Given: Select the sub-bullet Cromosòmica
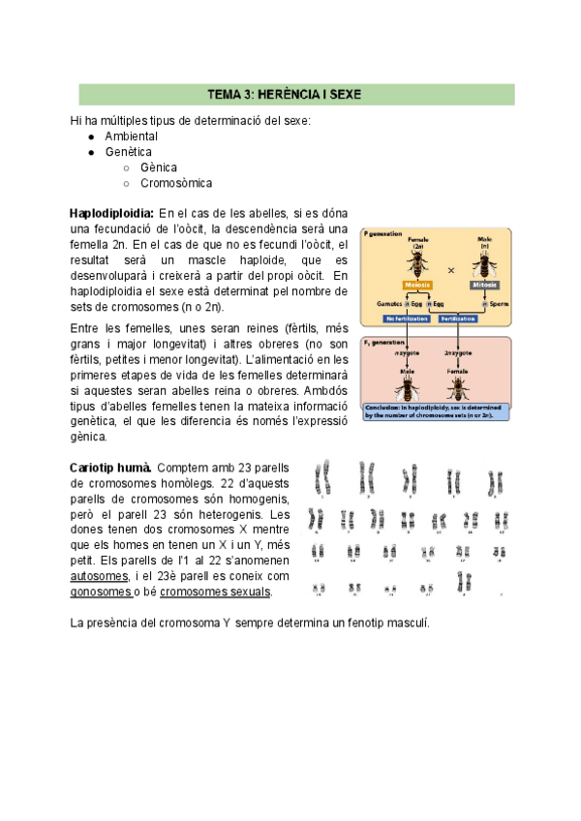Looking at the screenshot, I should click(176, 183).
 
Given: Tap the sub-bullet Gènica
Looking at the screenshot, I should click(159, 167).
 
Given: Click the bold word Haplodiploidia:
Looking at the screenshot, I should click(111, 213).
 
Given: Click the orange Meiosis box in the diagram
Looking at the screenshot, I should click(417, 285).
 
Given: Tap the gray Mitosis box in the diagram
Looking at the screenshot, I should click(484, 285).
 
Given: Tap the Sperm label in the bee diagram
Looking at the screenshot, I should click(498, 303).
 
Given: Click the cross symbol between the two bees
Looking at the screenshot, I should click(451, 269).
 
